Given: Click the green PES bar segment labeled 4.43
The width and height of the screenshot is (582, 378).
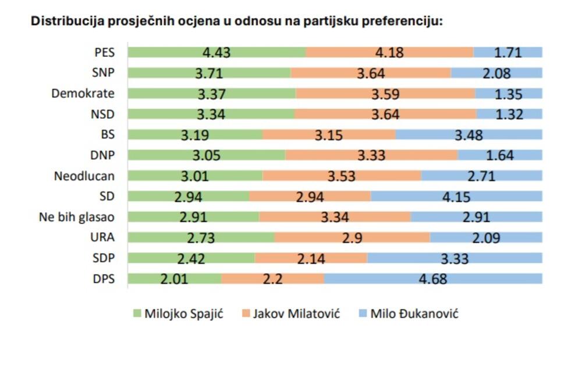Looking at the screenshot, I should point(217,52).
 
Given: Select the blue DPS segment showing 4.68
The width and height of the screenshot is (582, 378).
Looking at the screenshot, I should point(433,279).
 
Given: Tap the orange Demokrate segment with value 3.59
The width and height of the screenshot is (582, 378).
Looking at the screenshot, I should point(385,94).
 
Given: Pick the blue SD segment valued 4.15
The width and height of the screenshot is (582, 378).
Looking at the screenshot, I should point(456,197).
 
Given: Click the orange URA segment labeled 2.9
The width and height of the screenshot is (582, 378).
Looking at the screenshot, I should point(352,237).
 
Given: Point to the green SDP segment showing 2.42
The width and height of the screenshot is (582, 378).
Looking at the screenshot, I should point(191,258).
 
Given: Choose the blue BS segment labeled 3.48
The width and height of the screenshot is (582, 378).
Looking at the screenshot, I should point(469,135).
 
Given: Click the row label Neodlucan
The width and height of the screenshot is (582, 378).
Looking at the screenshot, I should point(84,176).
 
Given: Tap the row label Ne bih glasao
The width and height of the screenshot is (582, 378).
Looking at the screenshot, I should point(77,217).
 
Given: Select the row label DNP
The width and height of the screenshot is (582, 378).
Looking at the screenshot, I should point(103,155).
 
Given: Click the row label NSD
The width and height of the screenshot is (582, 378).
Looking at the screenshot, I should point(102,114).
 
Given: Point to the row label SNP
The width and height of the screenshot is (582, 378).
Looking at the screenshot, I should point(103,73).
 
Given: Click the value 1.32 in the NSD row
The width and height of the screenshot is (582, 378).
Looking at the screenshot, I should point(509,115).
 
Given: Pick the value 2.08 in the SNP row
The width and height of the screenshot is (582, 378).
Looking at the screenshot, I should point(496,73).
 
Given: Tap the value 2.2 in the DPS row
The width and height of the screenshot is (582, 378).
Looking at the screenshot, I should point(272,279).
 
